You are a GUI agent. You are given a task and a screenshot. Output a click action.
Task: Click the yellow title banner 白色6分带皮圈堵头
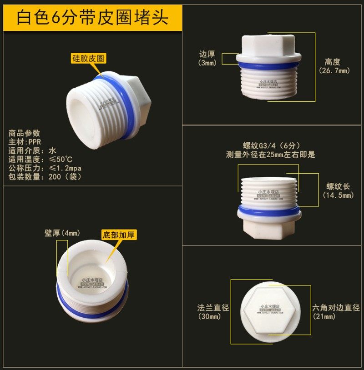pos(92,18)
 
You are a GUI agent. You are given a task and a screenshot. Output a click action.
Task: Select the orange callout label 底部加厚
pos(119,235)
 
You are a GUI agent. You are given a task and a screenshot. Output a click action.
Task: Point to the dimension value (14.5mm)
pos(338,195)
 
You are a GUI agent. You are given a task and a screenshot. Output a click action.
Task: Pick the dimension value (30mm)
pos(209,317)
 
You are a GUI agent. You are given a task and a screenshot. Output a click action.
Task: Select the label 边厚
pos(208,54)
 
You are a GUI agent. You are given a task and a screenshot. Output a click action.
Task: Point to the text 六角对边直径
pos(336,308)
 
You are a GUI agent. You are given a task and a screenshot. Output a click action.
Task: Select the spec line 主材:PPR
pos(25,142)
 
